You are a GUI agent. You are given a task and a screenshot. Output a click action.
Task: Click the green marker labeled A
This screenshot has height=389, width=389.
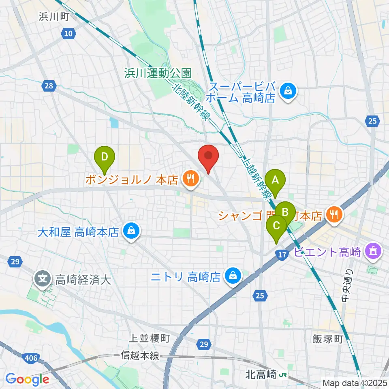pos(275,180)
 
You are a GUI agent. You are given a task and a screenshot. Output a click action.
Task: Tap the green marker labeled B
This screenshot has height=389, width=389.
pos(285,211)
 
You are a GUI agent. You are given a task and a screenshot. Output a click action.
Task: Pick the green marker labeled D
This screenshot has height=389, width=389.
pos(105,156)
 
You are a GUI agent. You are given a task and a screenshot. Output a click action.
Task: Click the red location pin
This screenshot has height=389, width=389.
pos(208,156)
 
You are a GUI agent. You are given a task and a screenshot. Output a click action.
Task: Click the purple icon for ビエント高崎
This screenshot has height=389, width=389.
pos(372,252)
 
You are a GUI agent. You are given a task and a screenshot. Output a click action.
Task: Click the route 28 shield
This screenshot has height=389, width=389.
pos(49,85)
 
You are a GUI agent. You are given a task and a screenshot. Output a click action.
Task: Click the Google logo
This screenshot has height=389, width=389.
pos(27,379)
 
